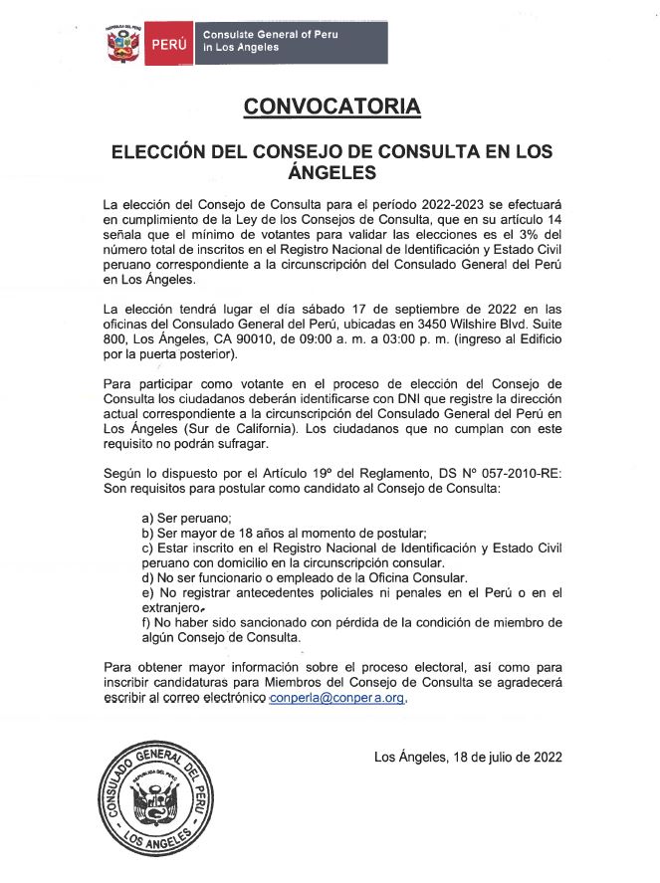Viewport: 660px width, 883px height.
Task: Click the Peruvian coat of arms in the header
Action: [124, 43]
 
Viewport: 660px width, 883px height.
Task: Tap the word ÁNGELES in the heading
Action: [330, 172]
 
